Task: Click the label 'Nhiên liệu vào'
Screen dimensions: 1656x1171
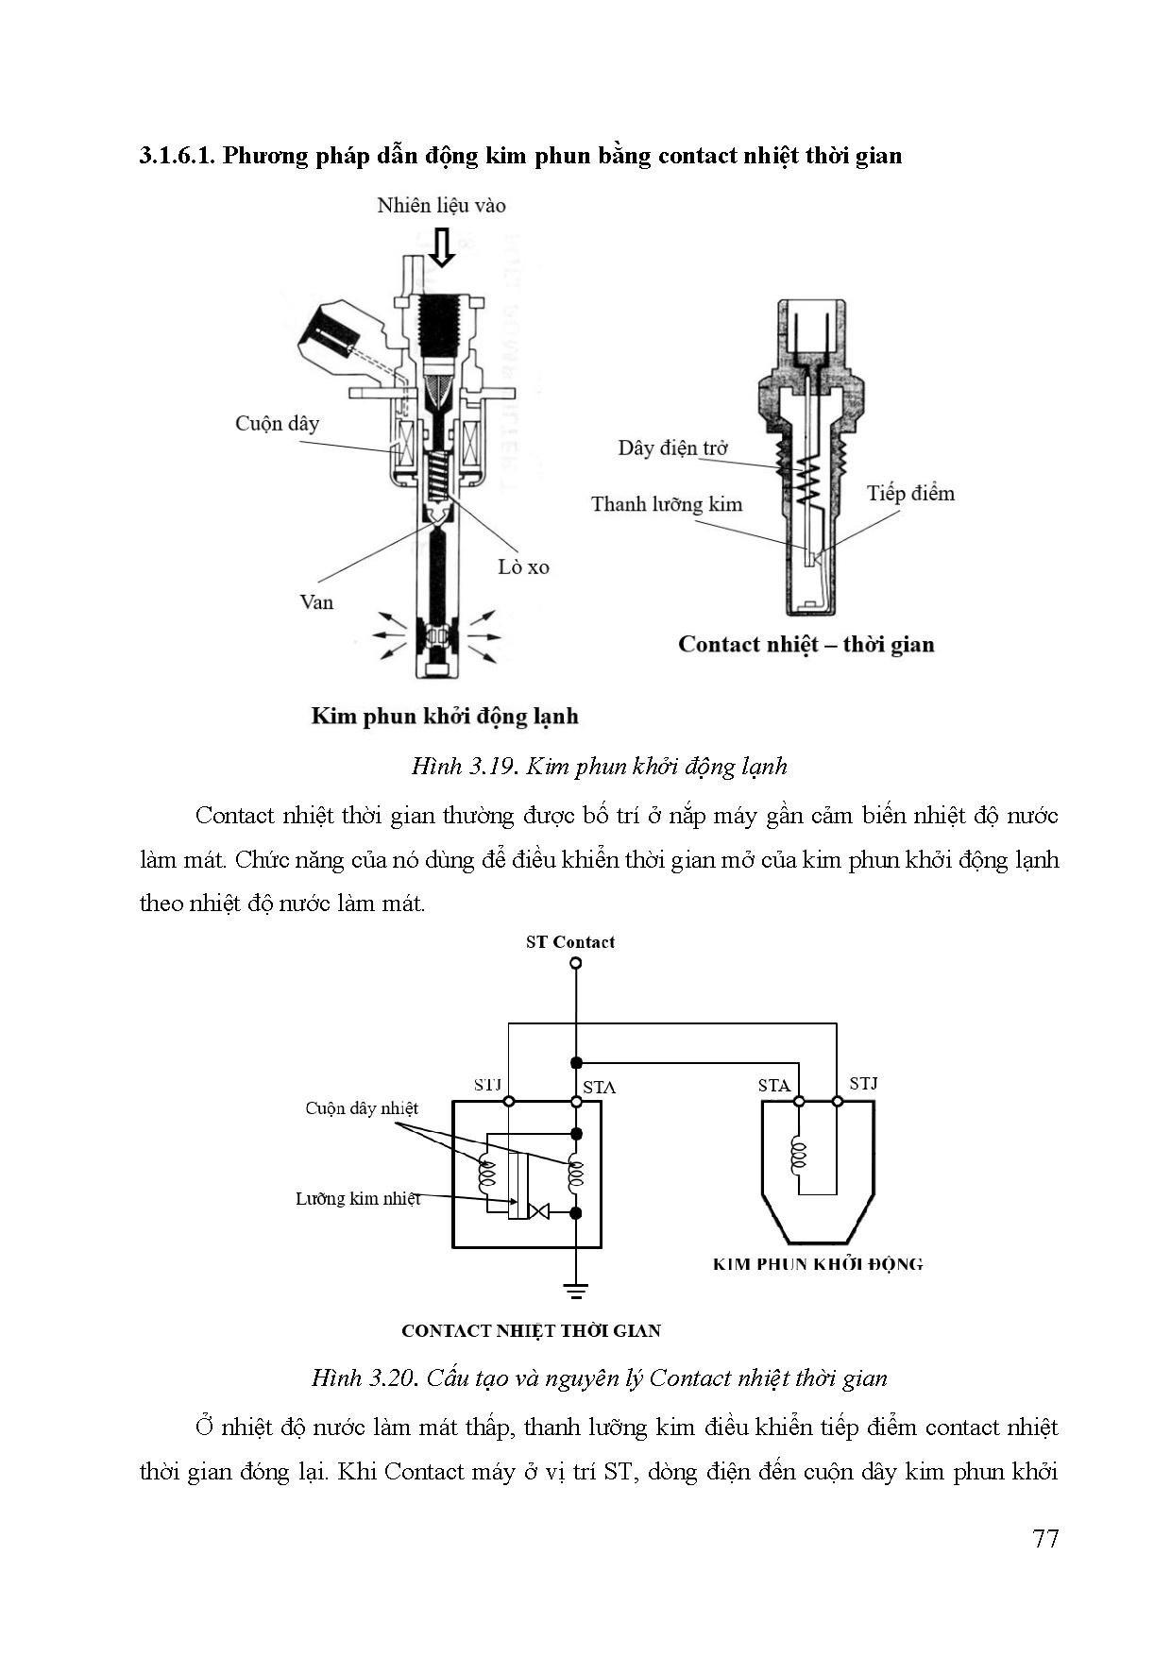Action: coord(441,205)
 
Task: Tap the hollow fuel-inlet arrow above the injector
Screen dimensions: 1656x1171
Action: coord(441,246)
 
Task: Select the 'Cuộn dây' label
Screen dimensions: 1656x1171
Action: coord(277,423)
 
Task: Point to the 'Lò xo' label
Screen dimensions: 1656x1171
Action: coord(523,566)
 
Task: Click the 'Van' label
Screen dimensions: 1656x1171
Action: coord(316,601)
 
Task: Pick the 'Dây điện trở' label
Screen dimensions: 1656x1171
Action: coord(672,448)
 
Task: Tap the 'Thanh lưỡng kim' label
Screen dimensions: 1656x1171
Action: coord(667,503)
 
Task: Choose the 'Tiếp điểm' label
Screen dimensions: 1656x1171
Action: coord(910,493)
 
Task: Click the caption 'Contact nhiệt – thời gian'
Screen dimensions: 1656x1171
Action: coord(806,644)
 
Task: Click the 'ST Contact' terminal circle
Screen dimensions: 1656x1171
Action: coord(576,964)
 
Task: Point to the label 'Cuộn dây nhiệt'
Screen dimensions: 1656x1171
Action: coord(361,1107)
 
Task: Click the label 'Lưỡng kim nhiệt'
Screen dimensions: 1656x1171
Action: coord(358,1198)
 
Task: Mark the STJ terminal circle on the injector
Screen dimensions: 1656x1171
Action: coord(837,1101)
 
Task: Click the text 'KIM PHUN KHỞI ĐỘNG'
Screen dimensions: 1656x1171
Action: coord(818,1264)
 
